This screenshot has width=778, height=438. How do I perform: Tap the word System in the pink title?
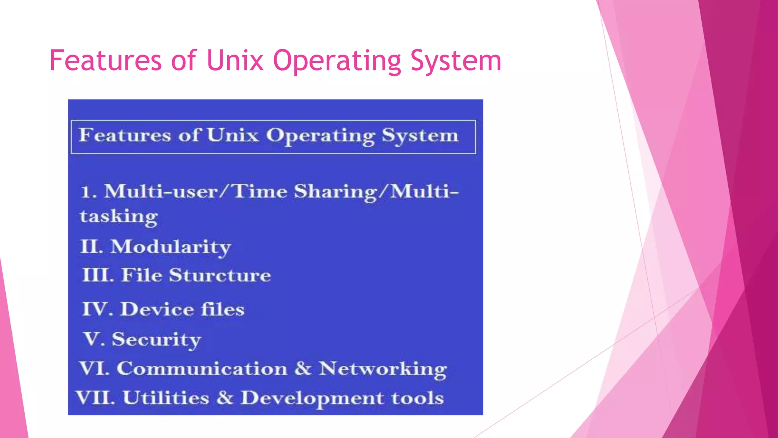click(x=456, y=61)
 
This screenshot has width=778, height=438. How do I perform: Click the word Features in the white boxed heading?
click(x=125, y=135)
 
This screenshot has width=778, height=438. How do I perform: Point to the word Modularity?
click(x=171, y=248)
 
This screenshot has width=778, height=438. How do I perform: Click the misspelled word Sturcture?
click(x=220, y=275)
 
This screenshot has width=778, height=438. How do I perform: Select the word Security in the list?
click(x=156, y=340)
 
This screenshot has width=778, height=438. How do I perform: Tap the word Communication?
click(x=202, y=369)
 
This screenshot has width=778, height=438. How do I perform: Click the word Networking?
click(x=383, y=369)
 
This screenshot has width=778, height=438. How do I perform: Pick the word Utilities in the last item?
click(x=166, y=398)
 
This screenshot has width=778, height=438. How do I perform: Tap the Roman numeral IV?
click(x=95, y=309)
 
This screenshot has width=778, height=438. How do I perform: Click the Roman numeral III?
click(x=97, y=275)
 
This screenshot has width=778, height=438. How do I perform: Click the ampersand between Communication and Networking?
click(x=303, y=368)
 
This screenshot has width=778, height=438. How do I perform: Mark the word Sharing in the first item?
click(x=335, y=192)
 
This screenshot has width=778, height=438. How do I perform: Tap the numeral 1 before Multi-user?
click(x=86, y=192)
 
